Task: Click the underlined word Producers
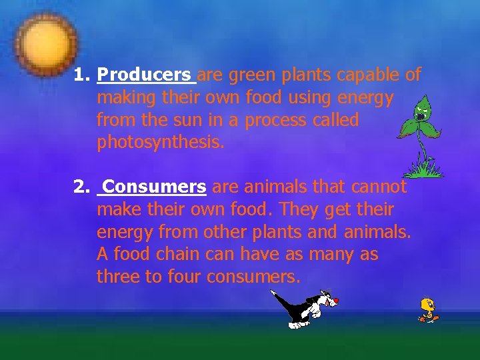(x=145, y=75)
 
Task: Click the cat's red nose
(x=336, y=301)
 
